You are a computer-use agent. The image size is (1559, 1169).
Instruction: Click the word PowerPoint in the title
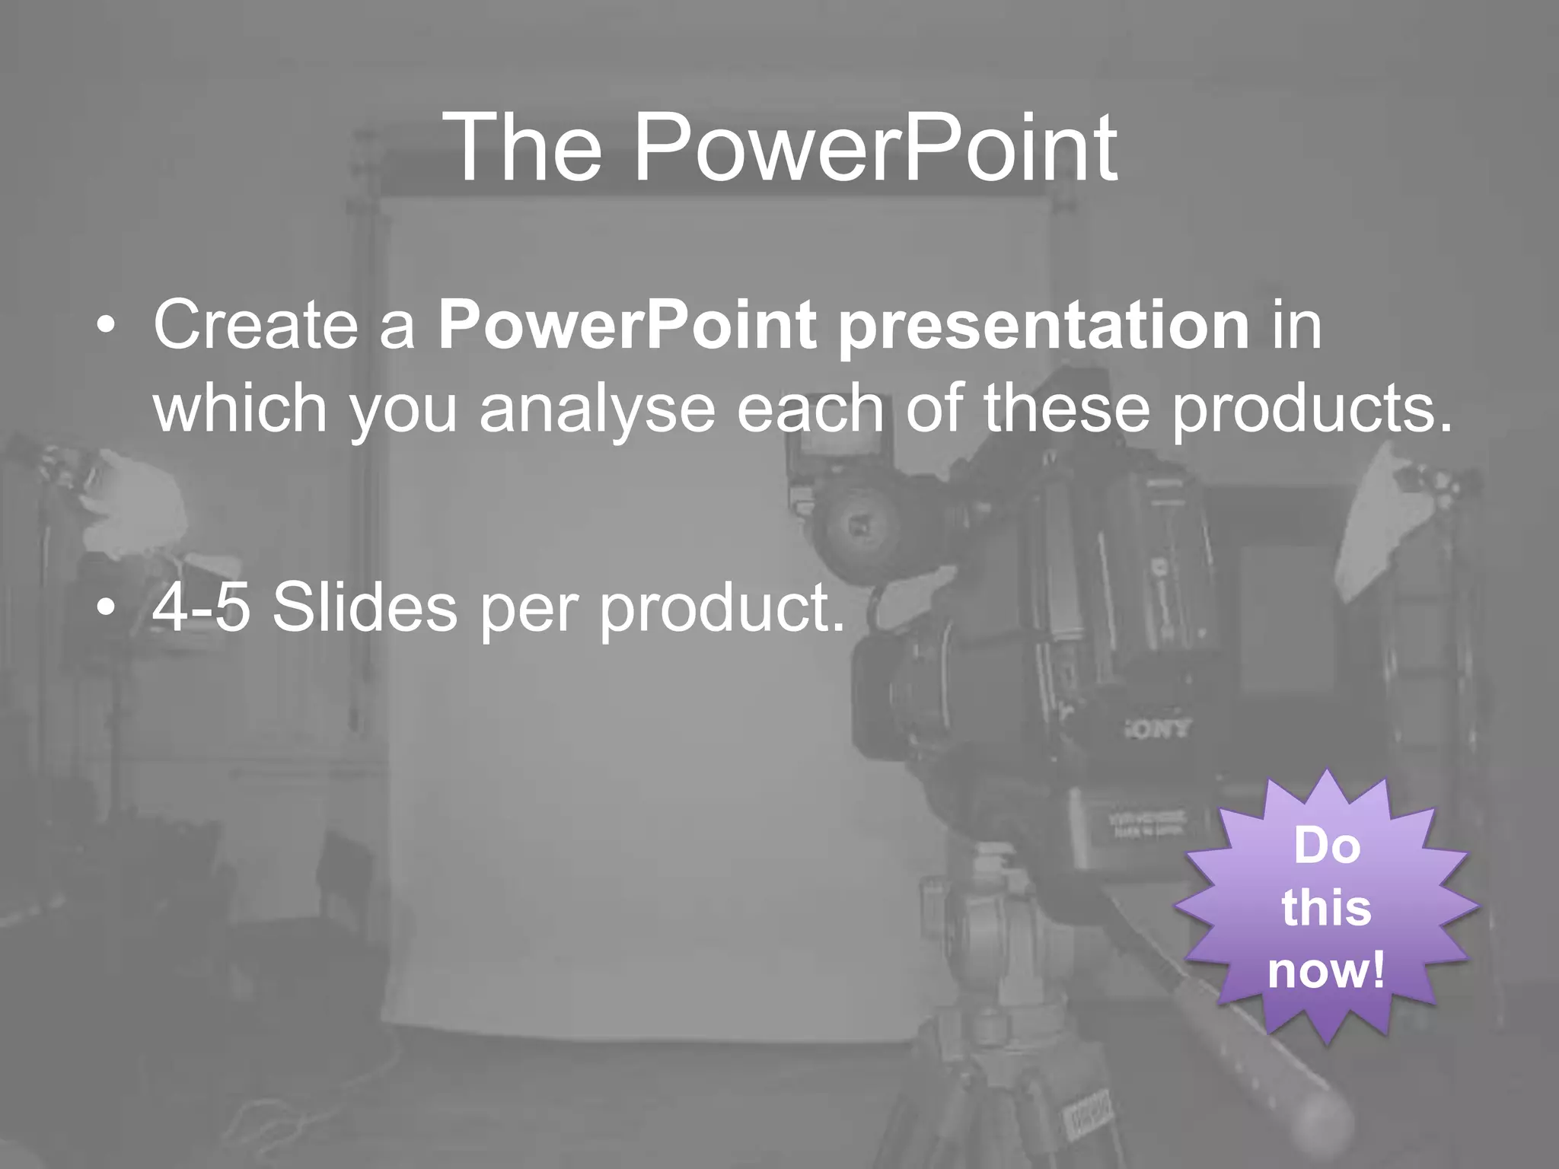(x=875, y=148)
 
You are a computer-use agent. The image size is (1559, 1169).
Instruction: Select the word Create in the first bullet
(x=256, y=326)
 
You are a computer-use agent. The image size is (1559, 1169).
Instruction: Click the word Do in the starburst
(x=1327, y=845)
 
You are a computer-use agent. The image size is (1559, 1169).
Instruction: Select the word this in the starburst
(x=1326, y=908)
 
